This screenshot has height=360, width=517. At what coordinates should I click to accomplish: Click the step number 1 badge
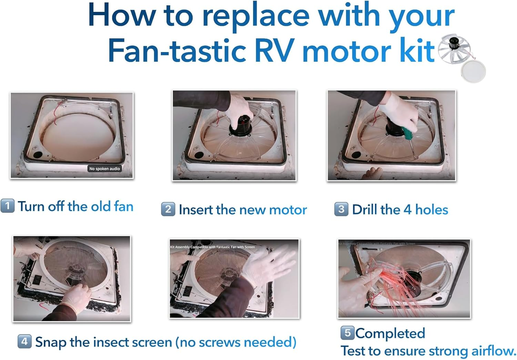[7, 206]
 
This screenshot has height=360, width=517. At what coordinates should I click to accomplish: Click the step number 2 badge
[168, 209]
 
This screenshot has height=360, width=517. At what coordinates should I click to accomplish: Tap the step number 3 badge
[341, 209]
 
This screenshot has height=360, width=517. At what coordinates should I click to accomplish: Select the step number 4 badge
[24, 341]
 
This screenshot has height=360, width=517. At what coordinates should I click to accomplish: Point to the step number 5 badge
[347, 332]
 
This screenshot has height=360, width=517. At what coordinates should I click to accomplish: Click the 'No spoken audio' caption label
[104, 169]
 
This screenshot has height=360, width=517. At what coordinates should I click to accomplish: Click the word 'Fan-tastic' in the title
[177, 51]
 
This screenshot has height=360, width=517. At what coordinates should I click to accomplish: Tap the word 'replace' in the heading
[255, 16]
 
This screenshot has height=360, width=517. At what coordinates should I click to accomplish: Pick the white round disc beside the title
[473, 71]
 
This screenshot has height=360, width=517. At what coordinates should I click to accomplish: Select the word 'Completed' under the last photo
[390, 333]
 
